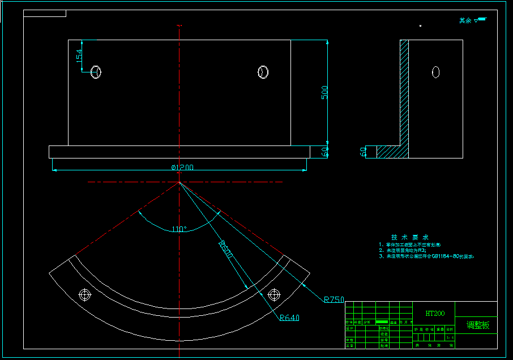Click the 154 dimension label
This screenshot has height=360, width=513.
click(79, 55)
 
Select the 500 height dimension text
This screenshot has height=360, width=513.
click(324, 92)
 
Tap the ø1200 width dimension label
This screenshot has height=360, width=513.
click(182, 168)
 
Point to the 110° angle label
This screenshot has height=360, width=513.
click(179, 229)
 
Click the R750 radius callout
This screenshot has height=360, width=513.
click(334, 299)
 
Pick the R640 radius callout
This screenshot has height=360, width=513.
click(289, 318)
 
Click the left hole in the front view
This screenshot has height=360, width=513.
click(96, 72)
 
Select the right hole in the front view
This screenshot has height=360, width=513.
click(263, 72)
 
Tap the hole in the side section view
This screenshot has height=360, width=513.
click(436, 72)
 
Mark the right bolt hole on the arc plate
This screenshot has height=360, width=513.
click(274, 294)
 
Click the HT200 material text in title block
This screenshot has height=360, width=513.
click(435, 313)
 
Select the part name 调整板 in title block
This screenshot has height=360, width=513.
click(477, 325)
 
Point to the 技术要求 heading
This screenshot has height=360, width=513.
click(410, 237)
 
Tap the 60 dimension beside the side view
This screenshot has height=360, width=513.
click(363, 152)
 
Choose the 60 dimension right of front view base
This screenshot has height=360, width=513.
click(324, 152)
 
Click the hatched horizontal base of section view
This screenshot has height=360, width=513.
click(388, 152)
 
